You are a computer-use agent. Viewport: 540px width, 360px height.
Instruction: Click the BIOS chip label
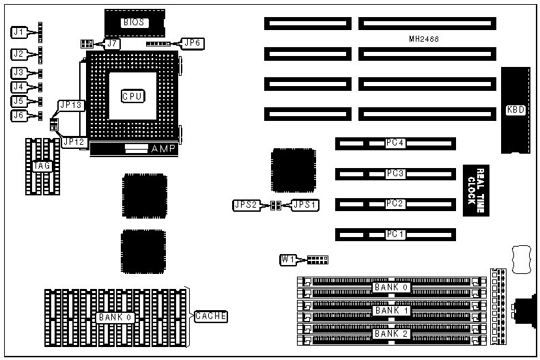(x=133, y=23)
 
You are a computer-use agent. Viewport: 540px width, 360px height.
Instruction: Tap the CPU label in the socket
(x=132, y=96)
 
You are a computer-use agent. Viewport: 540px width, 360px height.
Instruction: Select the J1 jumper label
(x=20, y=31)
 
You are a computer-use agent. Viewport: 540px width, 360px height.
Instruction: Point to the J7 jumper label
(x=113, y=44)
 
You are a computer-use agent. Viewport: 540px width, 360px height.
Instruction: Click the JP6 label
(x=193, y=42)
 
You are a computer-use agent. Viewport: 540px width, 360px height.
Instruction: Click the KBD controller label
(x=515, y=110)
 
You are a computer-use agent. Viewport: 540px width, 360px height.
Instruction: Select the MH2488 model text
(x=424, y=40)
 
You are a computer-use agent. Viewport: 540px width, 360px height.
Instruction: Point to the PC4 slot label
(x=395, y=143)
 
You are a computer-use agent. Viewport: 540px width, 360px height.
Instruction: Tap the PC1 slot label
(x=395, y=235)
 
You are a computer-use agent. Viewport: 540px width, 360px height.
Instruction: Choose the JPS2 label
(x=244, y=205)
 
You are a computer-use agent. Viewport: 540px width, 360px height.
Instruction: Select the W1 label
(x=288, y=259)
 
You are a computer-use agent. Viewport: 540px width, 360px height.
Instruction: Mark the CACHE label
(x=210, y=316)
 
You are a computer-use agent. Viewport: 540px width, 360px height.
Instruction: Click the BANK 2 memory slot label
(x=390, y=333)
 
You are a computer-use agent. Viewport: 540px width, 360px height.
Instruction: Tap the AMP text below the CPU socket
(x=162, y=148)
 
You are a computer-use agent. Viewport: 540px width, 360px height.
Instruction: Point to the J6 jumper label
(x=20, y=115)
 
